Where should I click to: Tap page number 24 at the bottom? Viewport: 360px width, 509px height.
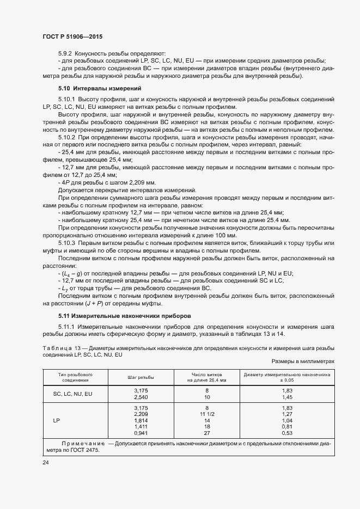tap(46, 462)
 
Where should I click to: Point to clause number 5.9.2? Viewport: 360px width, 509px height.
tap(66, 53)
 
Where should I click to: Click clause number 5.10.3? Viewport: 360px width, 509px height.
tap(68, 240)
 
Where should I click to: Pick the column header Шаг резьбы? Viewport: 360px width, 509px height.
tap(141, 377)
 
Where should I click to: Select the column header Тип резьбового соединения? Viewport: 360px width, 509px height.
tap(75, 377)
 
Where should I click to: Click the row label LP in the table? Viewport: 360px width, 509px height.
tap(56, 421)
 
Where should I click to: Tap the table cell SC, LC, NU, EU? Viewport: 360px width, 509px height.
tap(72, 394)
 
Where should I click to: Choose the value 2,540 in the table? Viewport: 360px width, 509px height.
tap(141, 397)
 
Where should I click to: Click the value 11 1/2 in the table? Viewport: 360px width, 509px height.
tap(207, 414)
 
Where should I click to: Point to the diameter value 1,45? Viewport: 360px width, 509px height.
tap(287, 397)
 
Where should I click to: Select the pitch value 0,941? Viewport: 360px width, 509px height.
tap(141, 433)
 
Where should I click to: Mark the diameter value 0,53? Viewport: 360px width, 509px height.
tap(287, 433)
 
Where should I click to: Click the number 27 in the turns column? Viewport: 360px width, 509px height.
tap(207, 433)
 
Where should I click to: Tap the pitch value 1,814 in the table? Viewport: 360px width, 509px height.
tap(141, 421)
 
